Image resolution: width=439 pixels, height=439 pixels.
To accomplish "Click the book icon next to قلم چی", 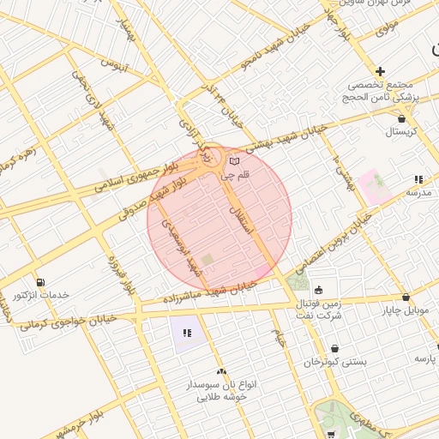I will click(x=235, y=160).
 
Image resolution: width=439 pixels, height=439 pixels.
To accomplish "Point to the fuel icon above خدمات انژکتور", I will click(x=40, y=282).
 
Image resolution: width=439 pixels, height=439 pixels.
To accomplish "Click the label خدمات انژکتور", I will click(x=40, y=296).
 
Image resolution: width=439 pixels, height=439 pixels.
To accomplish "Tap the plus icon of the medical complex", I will click(x=380, y=71).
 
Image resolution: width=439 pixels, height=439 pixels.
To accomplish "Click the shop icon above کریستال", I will click(x=400, y=117).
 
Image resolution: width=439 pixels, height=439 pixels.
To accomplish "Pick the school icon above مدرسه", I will click(x=418, y=179).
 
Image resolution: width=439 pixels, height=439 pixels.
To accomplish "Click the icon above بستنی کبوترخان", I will click(x=334, y=348).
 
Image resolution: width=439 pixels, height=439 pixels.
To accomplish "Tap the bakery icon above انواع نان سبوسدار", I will click(x=221, y=371).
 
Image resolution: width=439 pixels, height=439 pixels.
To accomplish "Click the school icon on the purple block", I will click(x=186, y=332).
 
